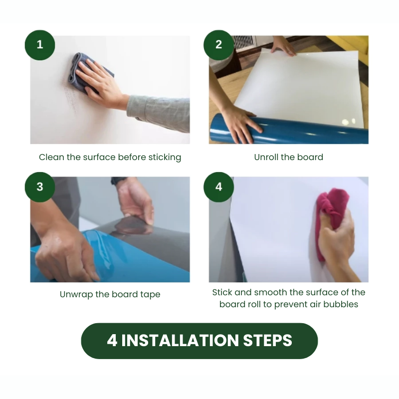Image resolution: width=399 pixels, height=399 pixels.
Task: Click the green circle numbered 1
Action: coord(40,45)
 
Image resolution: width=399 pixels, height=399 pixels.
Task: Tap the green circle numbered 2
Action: coord(218,45)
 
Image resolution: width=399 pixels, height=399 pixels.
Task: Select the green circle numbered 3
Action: coord(40,187)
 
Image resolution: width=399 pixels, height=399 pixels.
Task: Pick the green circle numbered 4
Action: coord(218,187)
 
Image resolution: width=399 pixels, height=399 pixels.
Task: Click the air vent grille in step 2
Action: coord(245,43)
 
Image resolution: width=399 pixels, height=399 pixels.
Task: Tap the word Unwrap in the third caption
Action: coord(76,294)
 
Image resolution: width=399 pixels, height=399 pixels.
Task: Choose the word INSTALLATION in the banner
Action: coord(180,341)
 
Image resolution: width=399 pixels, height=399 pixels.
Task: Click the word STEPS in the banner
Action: coord(267,341)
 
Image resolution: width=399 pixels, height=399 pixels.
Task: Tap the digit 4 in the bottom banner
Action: coord(112,341)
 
